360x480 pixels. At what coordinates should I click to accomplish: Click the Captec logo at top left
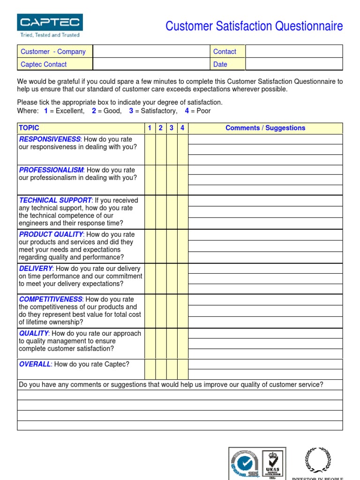click(50, 26)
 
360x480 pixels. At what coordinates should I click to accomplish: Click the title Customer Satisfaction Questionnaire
click(254, 26)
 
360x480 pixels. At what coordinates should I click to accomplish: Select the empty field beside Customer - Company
click(151, 52)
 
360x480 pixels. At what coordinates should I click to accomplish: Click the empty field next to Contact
click(294, 52)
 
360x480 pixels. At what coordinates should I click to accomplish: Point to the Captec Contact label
click(44, 64)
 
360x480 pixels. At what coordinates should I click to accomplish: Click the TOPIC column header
click(29, 128)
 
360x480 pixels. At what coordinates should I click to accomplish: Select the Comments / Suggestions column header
click(265, 128)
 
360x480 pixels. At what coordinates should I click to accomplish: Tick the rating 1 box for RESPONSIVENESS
click(150, 150)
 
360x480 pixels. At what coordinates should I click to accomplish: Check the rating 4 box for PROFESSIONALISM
click(182, 180)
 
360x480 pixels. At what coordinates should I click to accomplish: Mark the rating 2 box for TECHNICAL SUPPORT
click(161, 212)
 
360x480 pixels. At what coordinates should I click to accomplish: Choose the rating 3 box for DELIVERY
click(172, 278)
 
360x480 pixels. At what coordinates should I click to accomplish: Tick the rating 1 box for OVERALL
click(150, 369)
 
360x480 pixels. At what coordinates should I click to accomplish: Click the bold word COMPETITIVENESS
click(51, 299)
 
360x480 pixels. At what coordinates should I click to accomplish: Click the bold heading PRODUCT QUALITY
click(51, 234)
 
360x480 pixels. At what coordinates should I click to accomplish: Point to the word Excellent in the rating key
click(70, 111)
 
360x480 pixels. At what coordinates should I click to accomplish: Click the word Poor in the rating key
click(203, 111)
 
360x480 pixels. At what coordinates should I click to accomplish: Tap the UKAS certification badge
click(271, 464)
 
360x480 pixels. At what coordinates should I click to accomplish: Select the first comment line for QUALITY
click(265, 333)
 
